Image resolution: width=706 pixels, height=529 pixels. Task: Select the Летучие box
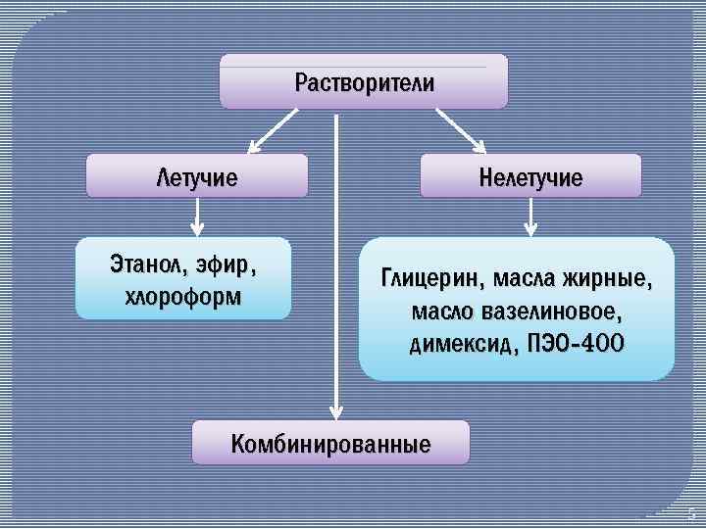197,177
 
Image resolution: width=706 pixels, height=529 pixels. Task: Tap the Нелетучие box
530,177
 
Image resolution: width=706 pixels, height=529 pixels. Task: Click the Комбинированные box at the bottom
330,443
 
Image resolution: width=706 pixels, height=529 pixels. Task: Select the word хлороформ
183,295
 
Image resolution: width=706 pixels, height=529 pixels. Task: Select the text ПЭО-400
575,346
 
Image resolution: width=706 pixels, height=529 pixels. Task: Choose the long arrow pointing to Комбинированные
336,264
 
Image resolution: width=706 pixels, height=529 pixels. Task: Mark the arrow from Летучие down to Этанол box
197,216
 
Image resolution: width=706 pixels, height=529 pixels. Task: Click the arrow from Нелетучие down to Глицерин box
530,216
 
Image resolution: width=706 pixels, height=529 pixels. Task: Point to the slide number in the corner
691,512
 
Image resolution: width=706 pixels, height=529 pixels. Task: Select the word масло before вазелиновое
445,313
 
